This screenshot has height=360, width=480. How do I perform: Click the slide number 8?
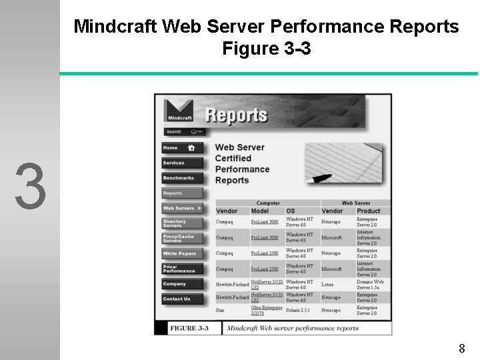pos(461,348)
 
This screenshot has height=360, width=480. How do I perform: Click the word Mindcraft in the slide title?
pos(115,27)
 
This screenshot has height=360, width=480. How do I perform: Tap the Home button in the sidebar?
pos(181,148)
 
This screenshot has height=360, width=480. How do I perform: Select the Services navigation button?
pos(181,163)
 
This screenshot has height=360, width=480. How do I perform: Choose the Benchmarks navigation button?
pos(181,178)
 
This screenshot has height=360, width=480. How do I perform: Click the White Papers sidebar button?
pos(181,253)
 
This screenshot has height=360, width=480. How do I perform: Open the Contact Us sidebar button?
pos(181,299)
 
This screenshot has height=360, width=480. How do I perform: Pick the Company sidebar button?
pos(181,284)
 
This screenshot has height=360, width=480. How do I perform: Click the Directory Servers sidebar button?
pos(181,223)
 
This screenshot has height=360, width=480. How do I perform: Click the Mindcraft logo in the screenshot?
pos(179,111)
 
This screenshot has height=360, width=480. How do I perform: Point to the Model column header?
pos(260,211)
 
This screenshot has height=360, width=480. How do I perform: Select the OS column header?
pos(291,211)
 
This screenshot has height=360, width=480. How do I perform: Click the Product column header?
pos(369,211)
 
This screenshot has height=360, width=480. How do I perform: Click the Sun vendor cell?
pos(221,311)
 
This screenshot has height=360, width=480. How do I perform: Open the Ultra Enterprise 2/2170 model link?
pos(266,311)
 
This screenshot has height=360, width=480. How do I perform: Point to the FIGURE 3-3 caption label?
pos(189,328)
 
